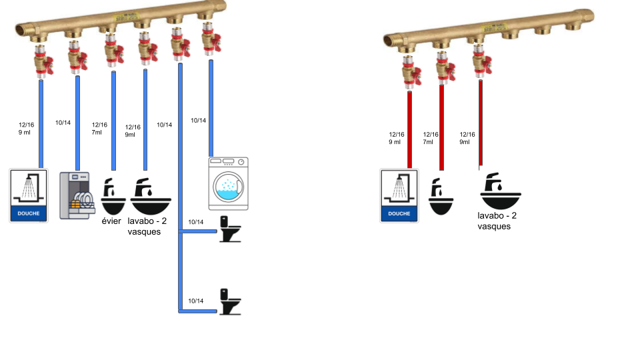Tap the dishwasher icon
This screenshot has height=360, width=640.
point(77,195)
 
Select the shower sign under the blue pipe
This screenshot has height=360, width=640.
point(29,195)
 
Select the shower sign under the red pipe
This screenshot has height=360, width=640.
point(399,195)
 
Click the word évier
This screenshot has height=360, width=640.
point(111,221)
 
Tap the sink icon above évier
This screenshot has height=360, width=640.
point(113,195)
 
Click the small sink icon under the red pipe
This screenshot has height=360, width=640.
point(440,196)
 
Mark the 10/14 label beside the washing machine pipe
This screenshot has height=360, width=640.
point(199,121)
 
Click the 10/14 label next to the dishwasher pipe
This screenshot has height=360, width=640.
point(63,123)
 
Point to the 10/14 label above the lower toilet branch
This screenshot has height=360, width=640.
point(195,301)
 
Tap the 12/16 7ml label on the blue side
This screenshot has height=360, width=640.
point(99,128)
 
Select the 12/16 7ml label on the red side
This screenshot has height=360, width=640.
point(431,138)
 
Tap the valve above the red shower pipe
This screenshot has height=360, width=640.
point(409,70)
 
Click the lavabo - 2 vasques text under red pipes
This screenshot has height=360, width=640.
point(497,221)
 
